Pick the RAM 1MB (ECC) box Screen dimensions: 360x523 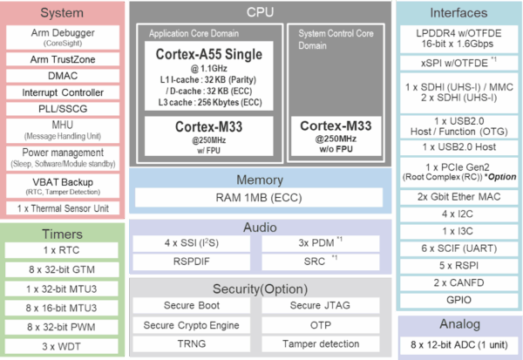(x=260, y=198)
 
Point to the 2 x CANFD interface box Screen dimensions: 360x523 (x=458, y=282)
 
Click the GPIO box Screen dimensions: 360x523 (x=458, y=299)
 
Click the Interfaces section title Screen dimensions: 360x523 (x=458, y=13)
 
